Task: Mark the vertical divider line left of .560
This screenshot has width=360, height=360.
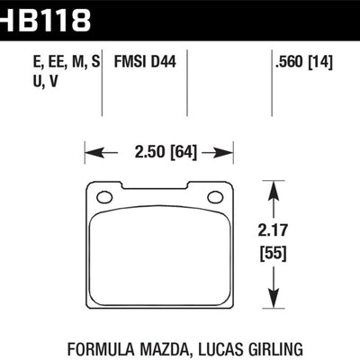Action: point(271,81)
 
